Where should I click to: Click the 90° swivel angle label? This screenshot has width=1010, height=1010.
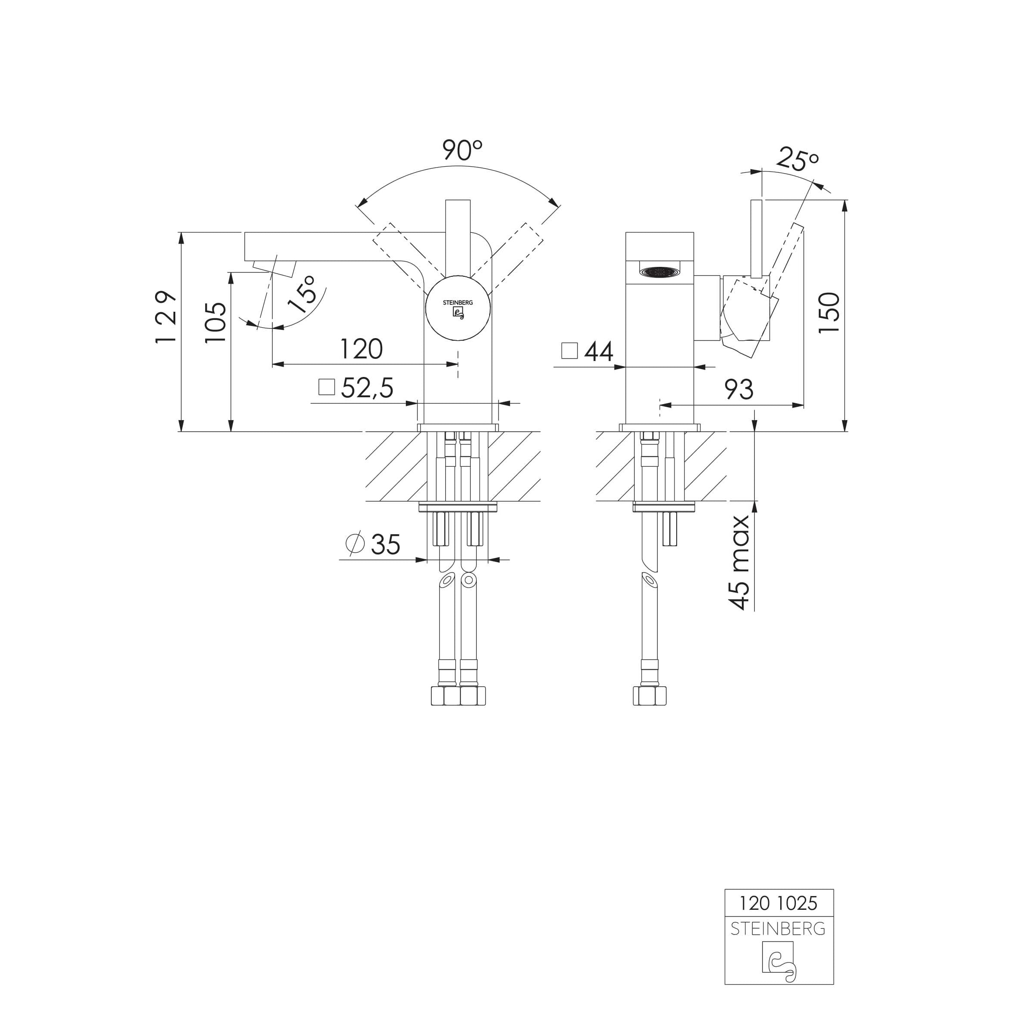point(462,151)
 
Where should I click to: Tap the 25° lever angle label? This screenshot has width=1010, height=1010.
point(797,159)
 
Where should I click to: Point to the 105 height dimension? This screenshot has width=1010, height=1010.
point(215,323)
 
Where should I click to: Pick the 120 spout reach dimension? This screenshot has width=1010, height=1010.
point(361,349)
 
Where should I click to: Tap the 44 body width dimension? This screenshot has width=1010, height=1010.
point(598,351)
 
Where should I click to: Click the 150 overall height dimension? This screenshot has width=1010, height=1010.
point(829,312)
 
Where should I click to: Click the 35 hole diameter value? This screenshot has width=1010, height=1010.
point(385,545)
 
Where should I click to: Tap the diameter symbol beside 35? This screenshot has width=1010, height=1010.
point(355,543)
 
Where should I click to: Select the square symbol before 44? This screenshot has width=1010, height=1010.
point(569,350)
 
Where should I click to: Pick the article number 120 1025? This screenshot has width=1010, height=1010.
point(779,903)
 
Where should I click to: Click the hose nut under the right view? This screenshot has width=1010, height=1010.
point(650,696)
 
